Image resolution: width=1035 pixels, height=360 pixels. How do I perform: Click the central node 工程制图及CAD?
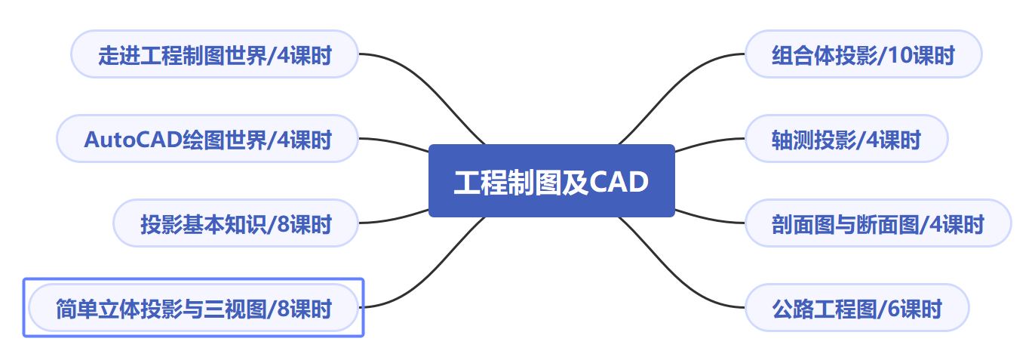coord(551,181)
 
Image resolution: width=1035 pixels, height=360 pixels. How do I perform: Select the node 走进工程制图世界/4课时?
coord(214,54)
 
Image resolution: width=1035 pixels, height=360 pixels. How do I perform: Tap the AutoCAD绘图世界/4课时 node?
coord(207,139)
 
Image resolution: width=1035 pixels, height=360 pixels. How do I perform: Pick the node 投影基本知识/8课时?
coord(235,223)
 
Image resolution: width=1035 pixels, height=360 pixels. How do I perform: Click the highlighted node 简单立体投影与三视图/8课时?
coord(193,308)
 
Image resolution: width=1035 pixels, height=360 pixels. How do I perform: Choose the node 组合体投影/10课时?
coord(863,54)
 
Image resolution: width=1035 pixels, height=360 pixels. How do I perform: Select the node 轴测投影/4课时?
coord(846,139)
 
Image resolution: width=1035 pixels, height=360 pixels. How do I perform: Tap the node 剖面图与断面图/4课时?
coord(877,223)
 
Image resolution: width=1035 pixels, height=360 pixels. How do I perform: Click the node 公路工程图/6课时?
coord(856,308)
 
